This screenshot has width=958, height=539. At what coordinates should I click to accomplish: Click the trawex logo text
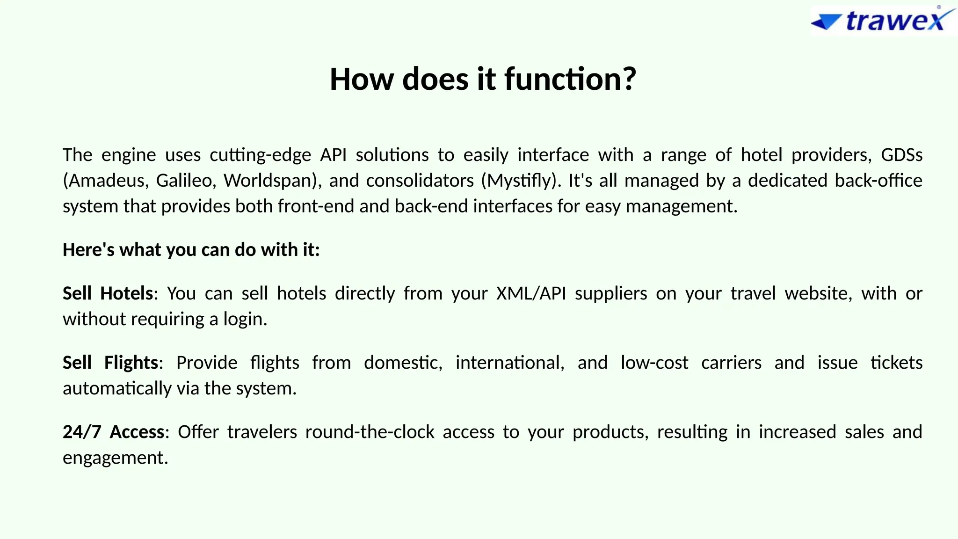896,21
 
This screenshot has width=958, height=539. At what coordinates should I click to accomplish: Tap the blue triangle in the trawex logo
826,22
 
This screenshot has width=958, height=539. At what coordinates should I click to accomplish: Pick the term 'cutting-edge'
260,155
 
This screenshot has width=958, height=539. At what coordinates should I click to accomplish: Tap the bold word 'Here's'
88,250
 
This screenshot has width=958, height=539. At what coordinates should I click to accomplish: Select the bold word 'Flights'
131,363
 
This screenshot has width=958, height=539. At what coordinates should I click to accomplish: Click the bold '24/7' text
82,432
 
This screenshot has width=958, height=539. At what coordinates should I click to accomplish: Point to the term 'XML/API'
531,293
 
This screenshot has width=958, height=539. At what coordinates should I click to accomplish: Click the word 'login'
243,319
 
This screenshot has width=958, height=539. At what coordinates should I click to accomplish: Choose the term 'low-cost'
654,363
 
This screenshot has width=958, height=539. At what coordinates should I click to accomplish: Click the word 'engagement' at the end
114,458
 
